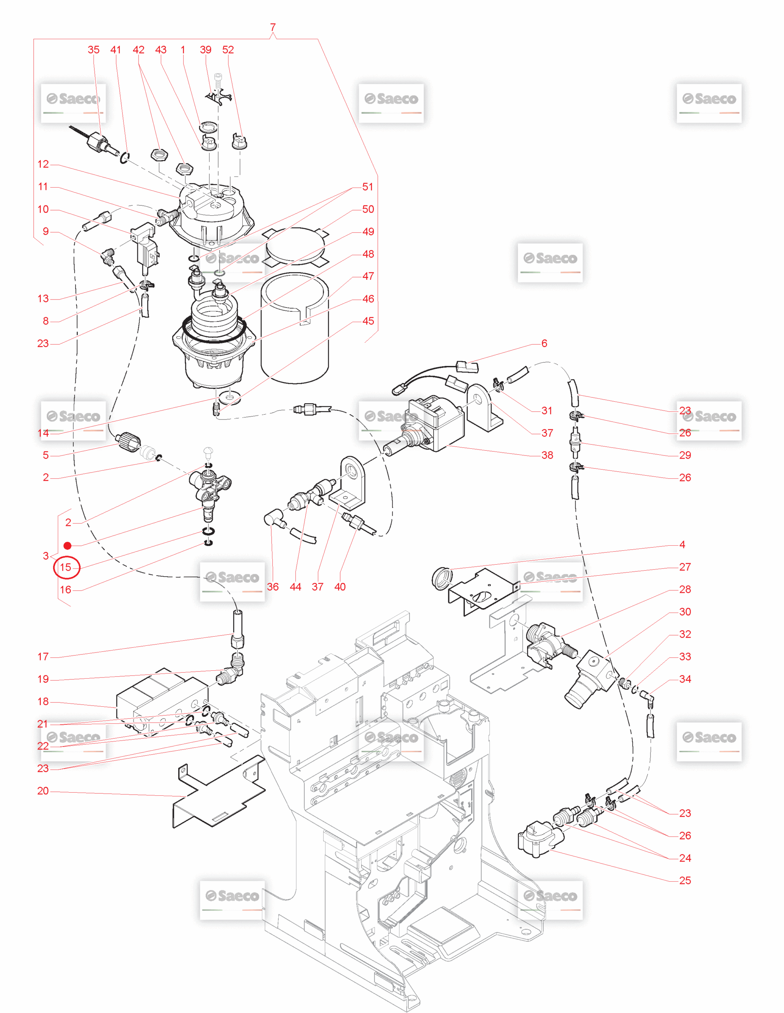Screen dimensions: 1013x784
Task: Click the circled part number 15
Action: [66, 567]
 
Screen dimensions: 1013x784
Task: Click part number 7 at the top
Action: [272, 27]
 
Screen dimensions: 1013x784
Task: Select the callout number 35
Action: [93, 49]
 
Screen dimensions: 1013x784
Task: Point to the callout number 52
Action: [228, 49]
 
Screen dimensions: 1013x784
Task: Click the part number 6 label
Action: [544, 343]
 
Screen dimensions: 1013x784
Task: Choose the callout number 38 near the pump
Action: [547, 455]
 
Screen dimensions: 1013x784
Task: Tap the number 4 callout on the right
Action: [682, 544]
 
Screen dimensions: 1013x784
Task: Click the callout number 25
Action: [685, 880]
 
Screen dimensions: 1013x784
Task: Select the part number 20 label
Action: [43, 791]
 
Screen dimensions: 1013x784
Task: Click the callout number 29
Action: [685, 455]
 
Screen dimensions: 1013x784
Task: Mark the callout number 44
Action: [295, 587]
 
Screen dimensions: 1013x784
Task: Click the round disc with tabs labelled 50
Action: [293, 246]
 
